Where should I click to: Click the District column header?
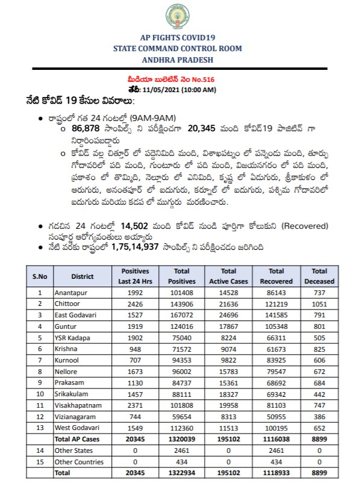82,276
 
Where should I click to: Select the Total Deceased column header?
320,276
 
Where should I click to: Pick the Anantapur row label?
70,292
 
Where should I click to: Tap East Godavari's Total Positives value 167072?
182,315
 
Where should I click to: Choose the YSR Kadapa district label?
73,338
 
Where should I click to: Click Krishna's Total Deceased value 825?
320,349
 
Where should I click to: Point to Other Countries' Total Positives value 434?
182,462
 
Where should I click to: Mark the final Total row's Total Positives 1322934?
182,473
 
